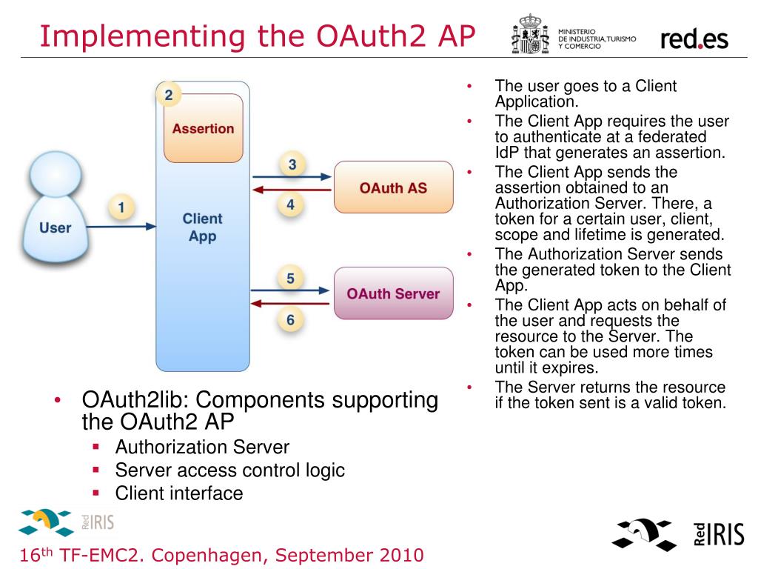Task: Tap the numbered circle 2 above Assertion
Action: click(x=169, y=94)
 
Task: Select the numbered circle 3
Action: click(x=292, y=164)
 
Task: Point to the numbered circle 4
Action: click(x=291, y=204)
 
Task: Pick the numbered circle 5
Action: click(x=291, y=279)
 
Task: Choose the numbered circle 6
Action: click(x=291, y=319)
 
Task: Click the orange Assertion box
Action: click(x=203, y=128)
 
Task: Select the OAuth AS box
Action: click(x=393, y=187)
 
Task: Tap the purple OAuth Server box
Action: click(x=393, y=293)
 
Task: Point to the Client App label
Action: click(x=202, y=227)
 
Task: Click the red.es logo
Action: click(x=694, y=39)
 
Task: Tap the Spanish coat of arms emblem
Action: click(x=530, y=34)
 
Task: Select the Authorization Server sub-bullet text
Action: click(x=202, y=447)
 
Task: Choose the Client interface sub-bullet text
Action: click(x=179, y=493)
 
